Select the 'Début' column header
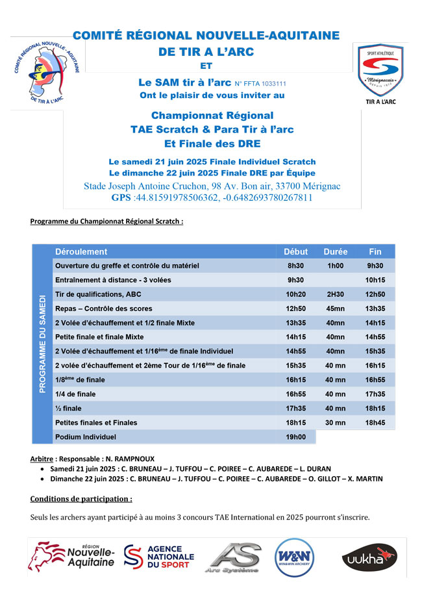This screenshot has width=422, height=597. tap(296, 251)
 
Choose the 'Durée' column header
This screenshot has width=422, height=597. tap(335, 251)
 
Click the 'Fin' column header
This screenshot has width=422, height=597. tap(375, 251)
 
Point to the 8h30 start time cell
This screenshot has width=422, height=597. tap(296, 266)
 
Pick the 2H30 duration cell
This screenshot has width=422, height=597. tap(335, 294)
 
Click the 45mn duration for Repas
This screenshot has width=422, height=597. tap(335, 309)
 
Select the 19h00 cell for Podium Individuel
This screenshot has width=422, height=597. tap(296, 437)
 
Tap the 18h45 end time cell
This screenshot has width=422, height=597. tap(375, 423)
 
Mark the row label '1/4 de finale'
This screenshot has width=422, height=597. tap(75, 394)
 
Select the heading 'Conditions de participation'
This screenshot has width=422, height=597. tap(81, 499)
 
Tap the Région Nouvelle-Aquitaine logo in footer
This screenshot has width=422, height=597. tap(71, 556)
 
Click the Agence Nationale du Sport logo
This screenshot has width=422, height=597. tap(159, 557)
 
